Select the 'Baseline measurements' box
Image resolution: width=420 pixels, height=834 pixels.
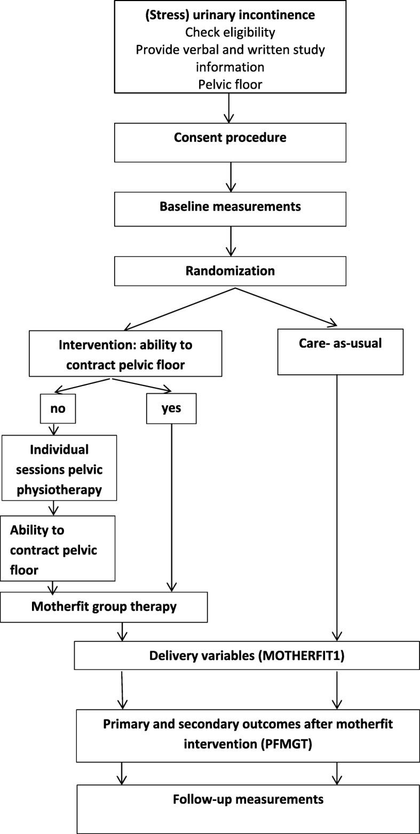tap(230, 207)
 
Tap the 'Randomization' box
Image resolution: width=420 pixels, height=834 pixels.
tap(230, 271)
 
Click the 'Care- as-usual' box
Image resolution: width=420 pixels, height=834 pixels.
tap(340, 351)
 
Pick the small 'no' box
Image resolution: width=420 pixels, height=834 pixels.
tap(58, 408)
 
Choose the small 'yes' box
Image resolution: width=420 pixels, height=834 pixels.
tap(171, 408)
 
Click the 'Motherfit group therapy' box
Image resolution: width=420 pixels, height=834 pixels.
tap(104, 607)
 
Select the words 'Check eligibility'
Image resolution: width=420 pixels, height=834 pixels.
tap(230, 32)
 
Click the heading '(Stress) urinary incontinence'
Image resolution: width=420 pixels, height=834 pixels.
tap(230, 15)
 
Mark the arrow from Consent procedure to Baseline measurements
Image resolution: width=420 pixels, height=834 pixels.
tap(231, 177)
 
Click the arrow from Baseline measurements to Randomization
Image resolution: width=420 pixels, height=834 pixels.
tap(231, 241)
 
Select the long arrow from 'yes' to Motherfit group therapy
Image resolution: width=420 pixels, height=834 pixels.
tap(171, 507)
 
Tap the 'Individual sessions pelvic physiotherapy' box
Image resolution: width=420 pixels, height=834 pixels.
tap(59, 468)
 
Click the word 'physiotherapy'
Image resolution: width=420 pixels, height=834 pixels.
tap(59, 489)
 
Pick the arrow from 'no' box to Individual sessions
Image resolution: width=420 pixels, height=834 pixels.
tap(53, 429)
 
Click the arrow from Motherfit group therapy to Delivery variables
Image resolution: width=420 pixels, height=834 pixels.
tap(123, 632)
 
